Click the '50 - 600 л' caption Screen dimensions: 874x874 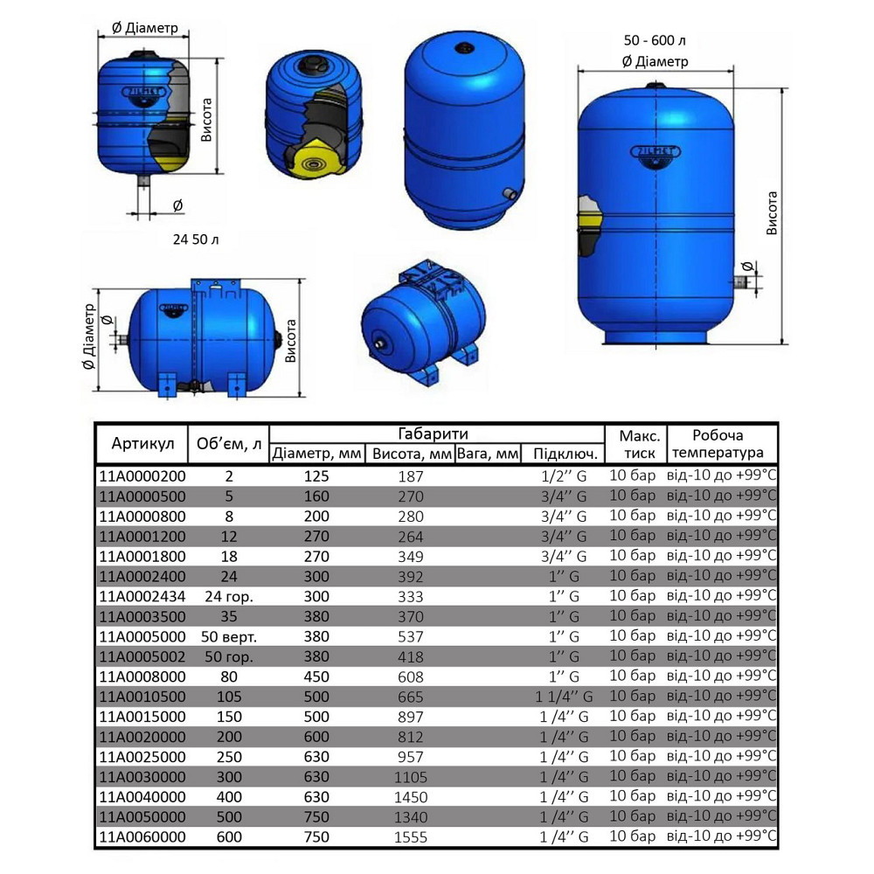(655, 41)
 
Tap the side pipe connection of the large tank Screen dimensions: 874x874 (742, 281)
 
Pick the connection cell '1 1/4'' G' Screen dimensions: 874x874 (565, 697)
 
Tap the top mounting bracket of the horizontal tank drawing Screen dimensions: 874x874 (218, 284)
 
